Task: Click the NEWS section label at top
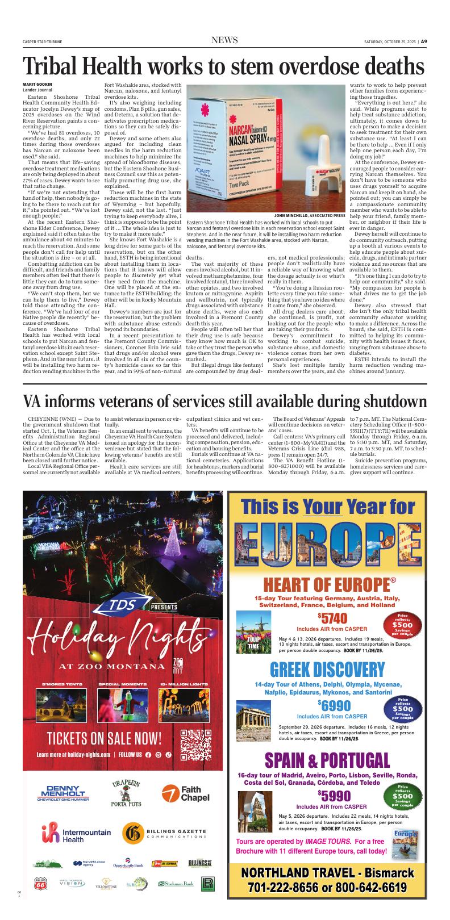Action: pyautogui.click(x=224, y=40)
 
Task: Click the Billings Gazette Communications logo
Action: pyautogui.click(x=165, y=833)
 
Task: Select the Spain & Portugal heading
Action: pyautogui.click(x=327, y=760)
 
